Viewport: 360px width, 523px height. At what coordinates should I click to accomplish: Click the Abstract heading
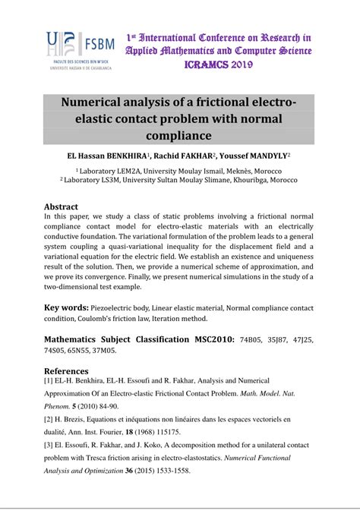61,206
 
